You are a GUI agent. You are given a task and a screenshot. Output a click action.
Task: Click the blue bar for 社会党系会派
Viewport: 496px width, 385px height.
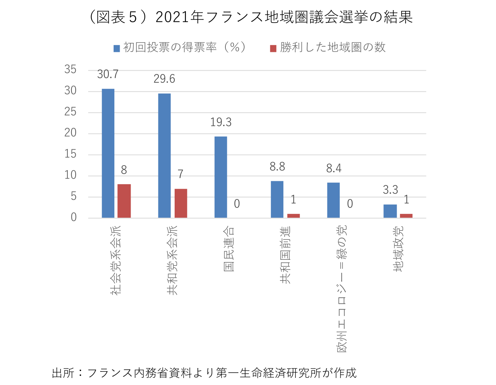(108, 153)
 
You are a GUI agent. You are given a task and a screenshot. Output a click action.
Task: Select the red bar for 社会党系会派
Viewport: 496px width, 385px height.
(124, 201)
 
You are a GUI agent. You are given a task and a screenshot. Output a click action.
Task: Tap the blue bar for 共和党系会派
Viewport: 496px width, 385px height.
(164, 156)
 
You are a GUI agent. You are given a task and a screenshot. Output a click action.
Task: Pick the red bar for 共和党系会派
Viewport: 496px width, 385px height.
(181, 203)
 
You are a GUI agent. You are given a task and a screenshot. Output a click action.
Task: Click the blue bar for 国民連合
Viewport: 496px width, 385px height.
(221, 177)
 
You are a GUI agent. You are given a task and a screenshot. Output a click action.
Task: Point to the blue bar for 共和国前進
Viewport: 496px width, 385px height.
(277, 200)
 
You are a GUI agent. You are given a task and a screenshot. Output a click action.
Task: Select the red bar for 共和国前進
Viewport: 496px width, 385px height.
(294, 216)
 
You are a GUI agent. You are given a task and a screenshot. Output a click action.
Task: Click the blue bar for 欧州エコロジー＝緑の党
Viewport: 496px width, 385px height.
(333, 200)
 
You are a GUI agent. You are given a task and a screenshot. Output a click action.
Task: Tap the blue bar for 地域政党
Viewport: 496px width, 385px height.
(390, 211)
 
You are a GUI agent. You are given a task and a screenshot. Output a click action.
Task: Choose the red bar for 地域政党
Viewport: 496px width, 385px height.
(406, 216)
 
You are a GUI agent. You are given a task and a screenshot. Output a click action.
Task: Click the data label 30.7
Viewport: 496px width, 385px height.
(108, 74)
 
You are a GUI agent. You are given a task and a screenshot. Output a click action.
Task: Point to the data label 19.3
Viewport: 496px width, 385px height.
(221, 122)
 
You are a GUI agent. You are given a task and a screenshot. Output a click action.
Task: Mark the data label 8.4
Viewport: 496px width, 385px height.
(334, 168)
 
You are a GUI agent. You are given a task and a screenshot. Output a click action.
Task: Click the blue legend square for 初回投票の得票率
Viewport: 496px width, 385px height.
(117, 48)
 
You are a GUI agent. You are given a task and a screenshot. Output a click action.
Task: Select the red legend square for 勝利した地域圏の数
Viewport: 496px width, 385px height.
(273, 48)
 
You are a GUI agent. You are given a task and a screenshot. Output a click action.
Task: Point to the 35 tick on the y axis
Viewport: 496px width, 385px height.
(70, 70)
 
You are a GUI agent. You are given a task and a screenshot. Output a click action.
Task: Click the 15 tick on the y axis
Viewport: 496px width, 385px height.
(70, 154)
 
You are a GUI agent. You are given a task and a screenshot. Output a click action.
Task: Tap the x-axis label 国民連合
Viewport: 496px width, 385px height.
(229, 249)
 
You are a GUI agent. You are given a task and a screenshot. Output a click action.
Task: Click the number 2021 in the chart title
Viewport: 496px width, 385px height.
(172, 17)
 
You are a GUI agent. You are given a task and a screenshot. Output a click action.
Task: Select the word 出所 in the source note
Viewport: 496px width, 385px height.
(63, 373)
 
